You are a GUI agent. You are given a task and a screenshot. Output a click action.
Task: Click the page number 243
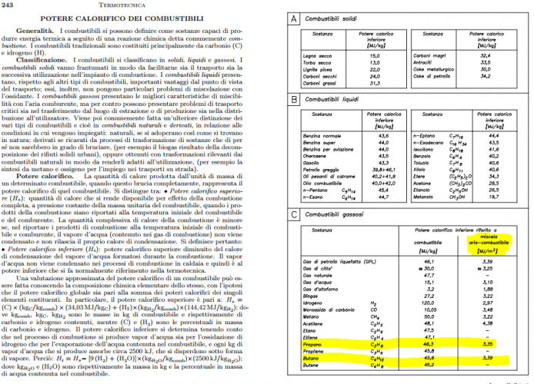(x=9, y=5)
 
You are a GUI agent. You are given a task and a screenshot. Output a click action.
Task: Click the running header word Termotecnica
(x=140, y=5)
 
